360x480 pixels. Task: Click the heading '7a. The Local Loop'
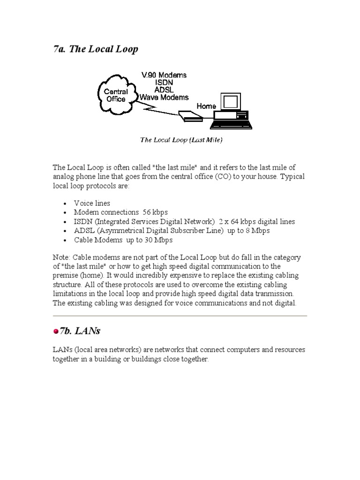point(96,50)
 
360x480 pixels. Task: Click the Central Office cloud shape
point(115,96)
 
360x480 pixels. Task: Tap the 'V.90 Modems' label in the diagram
point(164,75)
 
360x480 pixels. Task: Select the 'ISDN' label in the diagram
point(164,82)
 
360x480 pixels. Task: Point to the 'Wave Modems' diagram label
point(164,97)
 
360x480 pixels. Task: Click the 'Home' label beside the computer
point(206,106)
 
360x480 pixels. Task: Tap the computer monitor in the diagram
point(231,102)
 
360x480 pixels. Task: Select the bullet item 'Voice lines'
point(92,203)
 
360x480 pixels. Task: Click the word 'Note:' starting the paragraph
point(62,257)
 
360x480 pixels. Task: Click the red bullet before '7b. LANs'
point(56,331)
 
